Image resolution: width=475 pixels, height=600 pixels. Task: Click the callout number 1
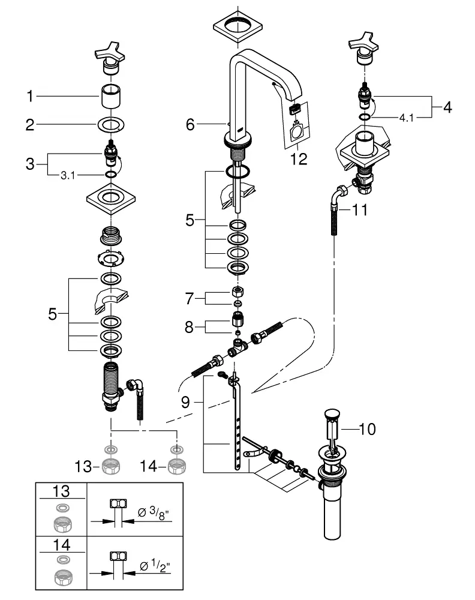point(30,96)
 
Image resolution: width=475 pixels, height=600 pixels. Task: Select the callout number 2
point(30,125)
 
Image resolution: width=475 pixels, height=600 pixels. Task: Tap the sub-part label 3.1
point(68,176)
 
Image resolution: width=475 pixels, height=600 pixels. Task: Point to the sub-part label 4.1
point(407,118)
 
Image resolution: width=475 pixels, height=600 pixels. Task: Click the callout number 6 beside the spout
point(190,124)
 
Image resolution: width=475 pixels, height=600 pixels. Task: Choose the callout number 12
point(299,159)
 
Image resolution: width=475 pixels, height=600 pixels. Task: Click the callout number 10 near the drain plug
point(367,429)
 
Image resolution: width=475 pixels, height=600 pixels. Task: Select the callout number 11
point(359,209)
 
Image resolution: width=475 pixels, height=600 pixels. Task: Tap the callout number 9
point(185,402)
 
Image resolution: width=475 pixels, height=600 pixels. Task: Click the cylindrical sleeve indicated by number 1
point(110,96)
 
